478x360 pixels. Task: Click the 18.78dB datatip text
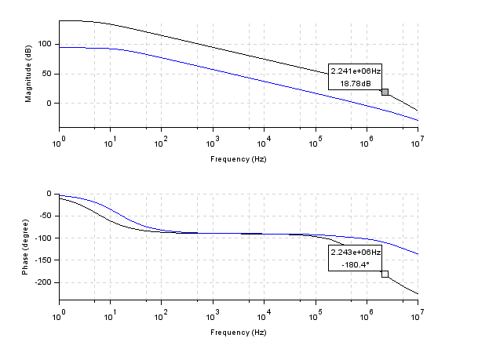356,84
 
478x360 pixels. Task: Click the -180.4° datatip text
356,264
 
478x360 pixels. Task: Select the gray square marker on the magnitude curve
385,92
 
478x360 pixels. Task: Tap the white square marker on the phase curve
385,274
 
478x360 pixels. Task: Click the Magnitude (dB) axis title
28,75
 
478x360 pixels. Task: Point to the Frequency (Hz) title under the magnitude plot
239,158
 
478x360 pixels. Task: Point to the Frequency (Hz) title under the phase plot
239,333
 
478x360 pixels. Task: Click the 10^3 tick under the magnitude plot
213,144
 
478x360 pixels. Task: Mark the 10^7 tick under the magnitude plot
418,144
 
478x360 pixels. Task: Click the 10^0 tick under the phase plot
59,317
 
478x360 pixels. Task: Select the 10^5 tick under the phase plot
316,317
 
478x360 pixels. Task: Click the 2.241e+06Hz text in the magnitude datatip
356,71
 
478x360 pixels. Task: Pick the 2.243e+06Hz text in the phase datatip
356,252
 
